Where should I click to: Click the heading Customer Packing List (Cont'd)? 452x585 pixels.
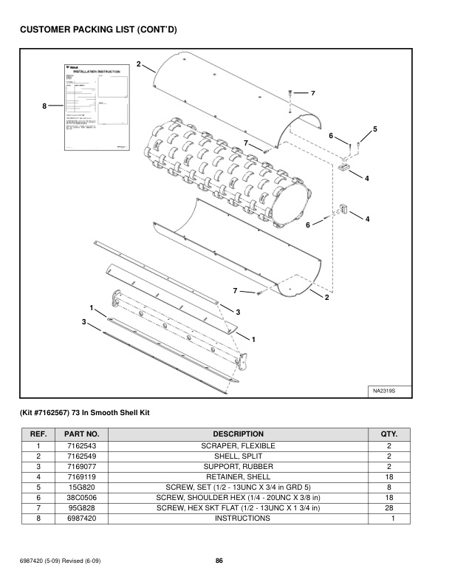coord(98,30)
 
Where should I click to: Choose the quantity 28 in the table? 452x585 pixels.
coord(388,508)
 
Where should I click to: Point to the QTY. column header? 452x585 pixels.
coord(388,434)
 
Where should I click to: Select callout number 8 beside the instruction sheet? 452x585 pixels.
coord(44,106)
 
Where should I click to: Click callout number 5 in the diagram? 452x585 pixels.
coord(375,129)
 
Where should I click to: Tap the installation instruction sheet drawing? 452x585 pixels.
coord(92,111)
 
